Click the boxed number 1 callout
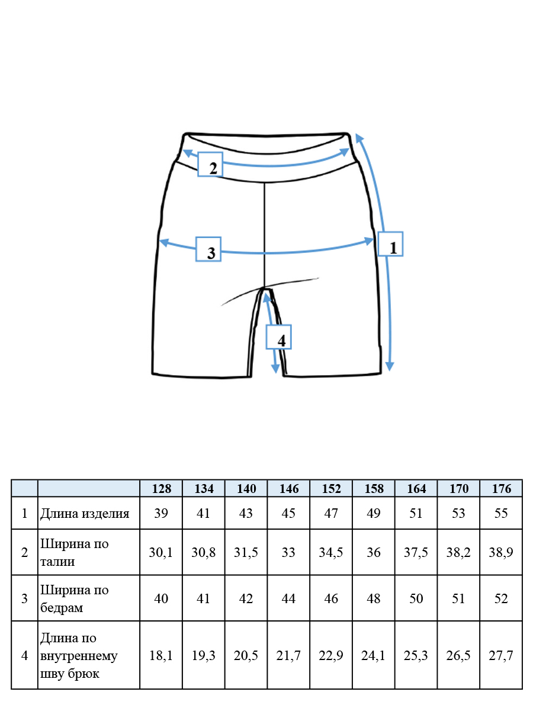click(x=390, y=244)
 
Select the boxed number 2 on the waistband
click(x=210, y=164)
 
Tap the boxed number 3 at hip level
click(x=208, y=249)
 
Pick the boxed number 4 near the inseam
click(x=278, y=337)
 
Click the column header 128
click(x=161, y=488)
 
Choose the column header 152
click(x=331, y=488)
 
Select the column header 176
click(x=501, y=488)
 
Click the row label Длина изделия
click(x=85, y=514)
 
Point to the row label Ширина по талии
click(x=74, y=552)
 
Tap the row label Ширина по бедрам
click(x=74, y=598)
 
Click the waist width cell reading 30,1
click(x=161, y=552)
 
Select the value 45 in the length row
click(x=288, y=514)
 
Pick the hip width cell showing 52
click(x=501, y=598)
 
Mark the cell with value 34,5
click(x=330, y=552)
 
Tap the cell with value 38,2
click(x=458, y=552)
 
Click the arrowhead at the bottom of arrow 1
click(x=390, y=366)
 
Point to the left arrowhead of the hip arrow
click(x=164, y=242)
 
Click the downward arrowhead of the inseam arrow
click(x=275, y=369)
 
